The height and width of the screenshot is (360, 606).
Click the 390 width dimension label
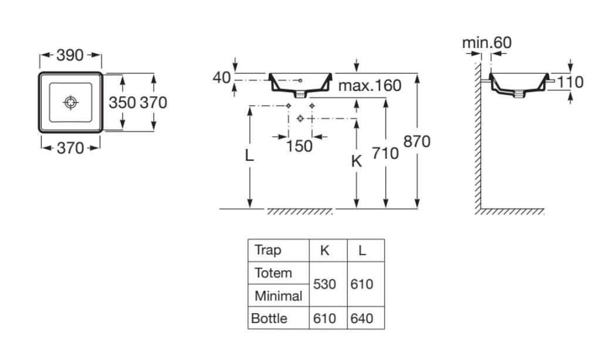(x=70, y=55)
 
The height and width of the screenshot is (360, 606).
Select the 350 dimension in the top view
(x=122, y=103)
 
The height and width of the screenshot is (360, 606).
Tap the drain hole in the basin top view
(x=71, y=103)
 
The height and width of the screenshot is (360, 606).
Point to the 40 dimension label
(x=221, y=77)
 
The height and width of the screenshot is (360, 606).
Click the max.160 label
(x=370, y=86)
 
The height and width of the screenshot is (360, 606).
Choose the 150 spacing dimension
(x=299, y=146)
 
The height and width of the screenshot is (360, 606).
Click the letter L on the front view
(x=249, y=155)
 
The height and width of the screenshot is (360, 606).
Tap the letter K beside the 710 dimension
(x=356, y=161)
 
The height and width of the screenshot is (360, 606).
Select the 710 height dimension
(x=385, y=154)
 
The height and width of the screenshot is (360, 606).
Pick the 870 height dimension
(x=417, y=141)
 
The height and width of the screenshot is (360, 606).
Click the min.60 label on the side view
(x=487, y=42)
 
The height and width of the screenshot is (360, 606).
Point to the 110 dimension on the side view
(x=570, y=82)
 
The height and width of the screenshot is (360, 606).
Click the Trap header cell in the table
(x=268, y=250)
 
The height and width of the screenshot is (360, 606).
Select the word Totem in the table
(x=273, y=273)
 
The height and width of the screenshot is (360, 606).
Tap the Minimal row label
(x=278, y=296)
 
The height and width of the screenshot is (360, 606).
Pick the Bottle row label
(x=269, y=318)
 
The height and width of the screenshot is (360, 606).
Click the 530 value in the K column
(x=324, y=284)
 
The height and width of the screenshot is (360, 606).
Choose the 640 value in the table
(x=362, y=318)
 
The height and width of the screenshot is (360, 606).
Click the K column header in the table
(x=324, y=250)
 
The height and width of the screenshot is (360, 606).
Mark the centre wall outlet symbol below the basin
(x=300, y=118)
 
